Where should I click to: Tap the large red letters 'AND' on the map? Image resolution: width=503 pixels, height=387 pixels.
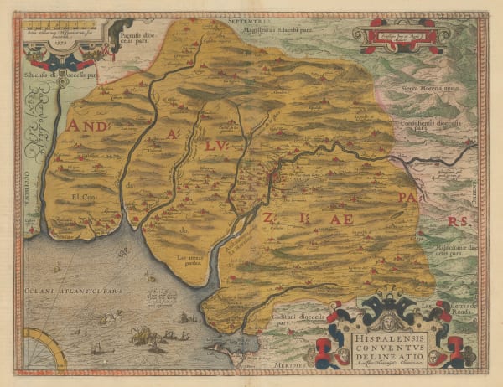click(x=91, y=126)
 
